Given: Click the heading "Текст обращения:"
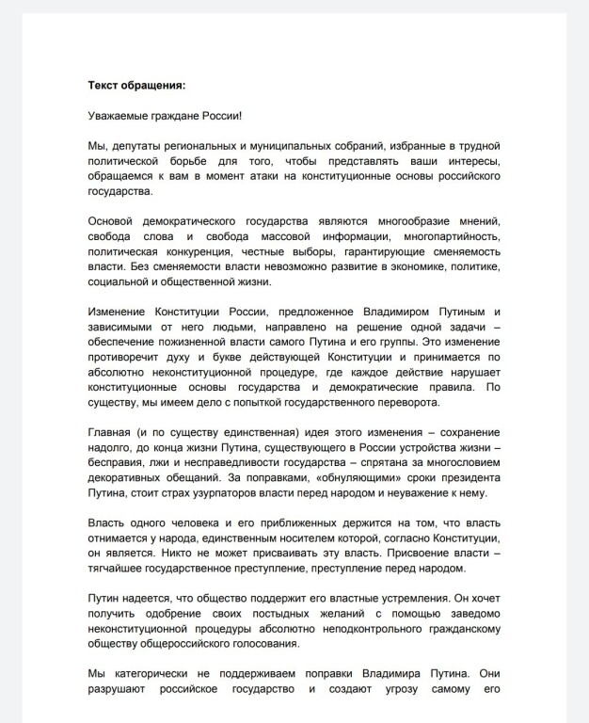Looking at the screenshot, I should coord(136,85).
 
